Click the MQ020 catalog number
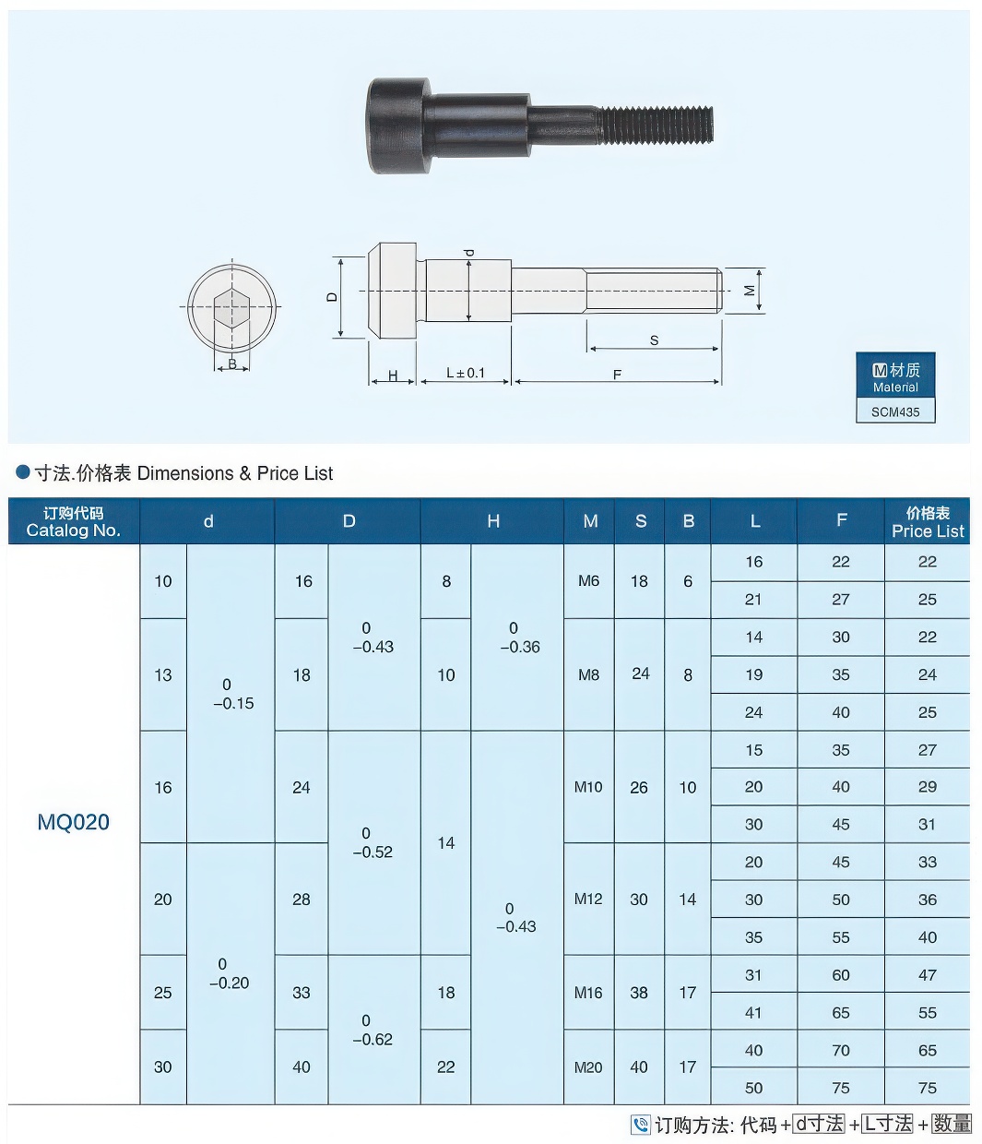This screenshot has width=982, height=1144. coord(73,822)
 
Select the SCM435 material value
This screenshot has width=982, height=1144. coord(895,411)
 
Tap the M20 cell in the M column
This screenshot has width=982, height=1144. coord(588,1067)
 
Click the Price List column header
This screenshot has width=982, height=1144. coord(927,521)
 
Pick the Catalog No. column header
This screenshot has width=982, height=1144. coord(73,521)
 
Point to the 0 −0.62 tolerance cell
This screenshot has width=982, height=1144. coord(373,1030)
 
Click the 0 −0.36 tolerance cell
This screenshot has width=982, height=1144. coord(516,638)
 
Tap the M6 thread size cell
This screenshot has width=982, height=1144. coord(588,581)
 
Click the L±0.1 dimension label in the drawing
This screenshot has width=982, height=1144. coord(465,373)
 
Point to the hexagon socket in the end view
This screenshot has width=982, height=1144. coord(231,308)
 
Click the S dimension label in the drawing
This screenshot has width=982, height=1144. coord(654,340)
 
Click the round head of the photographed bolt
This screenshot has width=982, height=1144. coord(398,125)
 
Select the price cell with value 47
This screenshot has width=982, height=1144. coord(927,975)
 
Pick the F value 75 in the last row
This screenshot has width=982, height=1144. coord(840,1088)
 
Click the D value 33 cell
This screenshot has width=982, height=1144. coord(302,993)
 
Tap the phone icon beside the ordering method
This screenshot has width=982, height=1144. coord(641,1125)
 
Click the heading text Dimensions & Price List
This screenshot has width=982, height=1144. coord(234,473)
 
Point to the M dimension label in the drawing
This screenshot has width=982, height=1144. coord(750,291)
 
